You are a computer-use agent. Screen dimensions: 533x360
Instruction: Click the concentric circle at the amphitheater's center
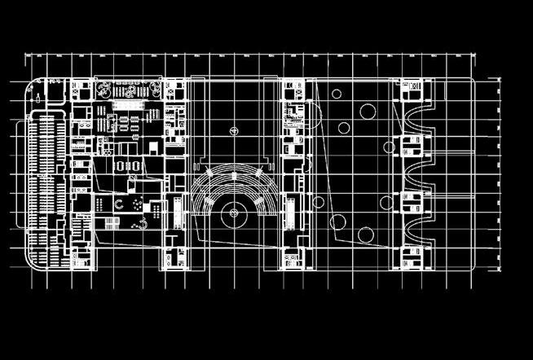pyautogui.click(x=234, y=213)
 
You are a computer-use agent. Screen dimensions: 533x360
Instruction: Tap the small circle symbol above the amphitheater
pyautogui.click(x=234, y=130)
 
